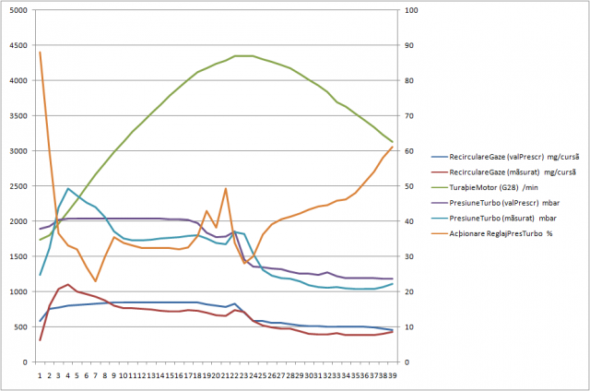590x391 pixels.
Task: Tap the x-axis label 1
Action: [x=40, y=375]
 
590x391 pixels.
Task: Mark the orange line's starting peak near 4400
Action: [x=40, y=53]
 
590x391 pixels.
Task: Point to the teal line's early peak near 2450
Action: [x=68, y=188]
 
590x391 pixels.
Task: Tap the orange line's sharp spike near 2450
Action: [x=226, y=189]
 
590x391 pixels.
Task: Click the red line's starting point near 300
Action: [x=40, y=340]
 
